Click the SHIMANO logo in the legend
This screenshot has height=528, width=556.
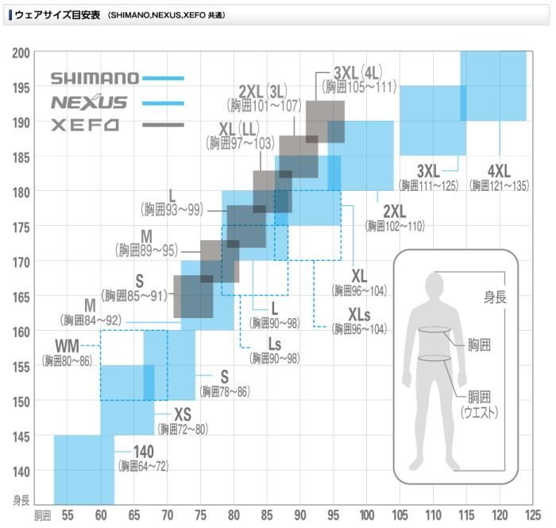pyautogui.click(x=95, y=78)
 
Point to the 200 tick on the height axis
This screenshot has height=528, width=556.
pyautogui.click(x=21, y=52)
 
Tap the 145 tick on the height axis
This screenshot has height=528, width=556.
pyautogui.click(x=21, y=436)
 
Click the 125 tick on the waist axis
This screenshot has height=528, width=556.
pyautogui.click(x=533, y=515)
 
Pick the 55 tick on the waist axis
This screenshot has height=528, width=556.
pyautogui.click(x=67, y=515)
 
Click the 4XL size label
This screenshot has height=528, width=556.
pyautogui.click(x=500, y=170)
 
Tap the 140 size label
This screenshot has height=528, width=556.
pyautogui.click(x=143, y=452)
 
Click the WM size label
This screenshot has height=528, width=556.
pyautogui.click(x=68, y=347)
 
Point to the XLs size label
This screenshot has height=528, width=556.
pyautogui.click(x=361, y=313)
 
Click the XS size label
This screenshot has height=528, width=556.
pyautogui.click(x=183, y=414)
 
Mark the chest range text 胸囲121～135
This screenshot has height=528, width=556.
pyautogui.click(x=499, y=185)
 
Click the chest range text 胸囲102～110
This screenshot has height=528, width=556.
pyautogui.click(x=395, y=226)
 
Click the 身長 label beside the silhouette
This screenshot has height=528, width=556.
pyautogui.click(x=496, y=297)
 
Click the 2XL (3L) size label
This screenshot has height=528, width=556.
pyautogui.click(x=264, y=90)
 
